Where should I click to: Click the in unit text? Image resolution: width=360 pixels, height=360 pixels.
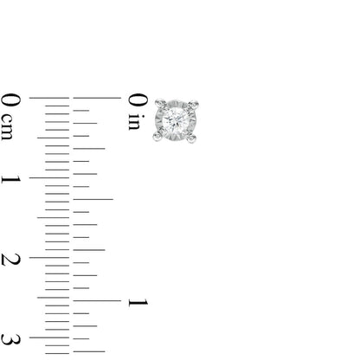(x=134, y=123)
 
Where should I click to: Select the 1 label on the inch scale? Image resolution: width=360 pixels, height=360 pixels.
(x=135, y=301)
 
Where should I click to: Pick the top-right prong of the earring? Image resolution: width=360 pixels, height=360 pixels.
(x=198, y=98)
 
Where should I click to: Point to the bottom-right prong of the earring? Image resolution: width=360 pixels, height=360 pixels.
(x=198, y=137)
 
